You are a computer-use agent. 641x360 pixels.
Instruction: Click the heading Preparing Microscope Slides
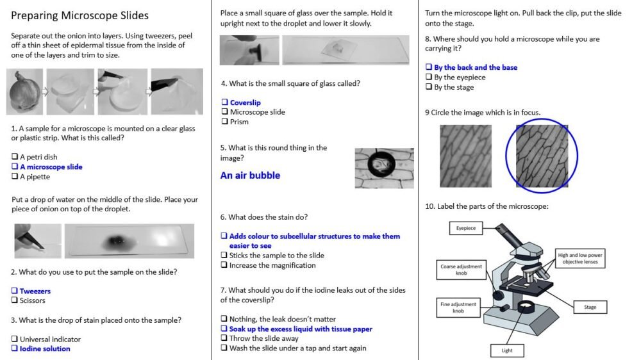[79, 15]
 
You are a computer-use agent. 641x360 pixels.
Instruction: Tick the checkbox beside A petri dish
[14, 157]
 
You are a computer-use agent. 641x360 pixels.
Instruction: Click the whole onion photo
[25, 92]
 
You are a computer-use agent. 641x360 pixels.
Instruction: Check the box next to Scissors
[14, 300]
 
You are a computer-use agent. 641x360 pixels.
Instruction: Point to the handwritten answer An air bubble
[250, 176]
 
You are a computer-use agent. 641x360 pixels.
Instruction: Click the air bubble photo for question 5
[384, 168]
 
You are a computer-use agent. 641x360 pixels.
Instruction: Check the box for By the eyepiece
[429, 78]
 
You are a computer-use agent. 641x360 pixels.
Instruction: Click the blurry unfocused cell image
[465, 156]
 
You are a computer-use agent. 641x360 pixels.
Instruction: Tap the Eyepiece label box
[466, 228]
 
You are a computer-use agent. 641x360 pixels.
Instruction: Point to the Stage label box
[590, 307]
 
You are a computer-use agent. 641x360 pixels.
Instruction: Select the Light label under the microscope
[506, 350]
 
